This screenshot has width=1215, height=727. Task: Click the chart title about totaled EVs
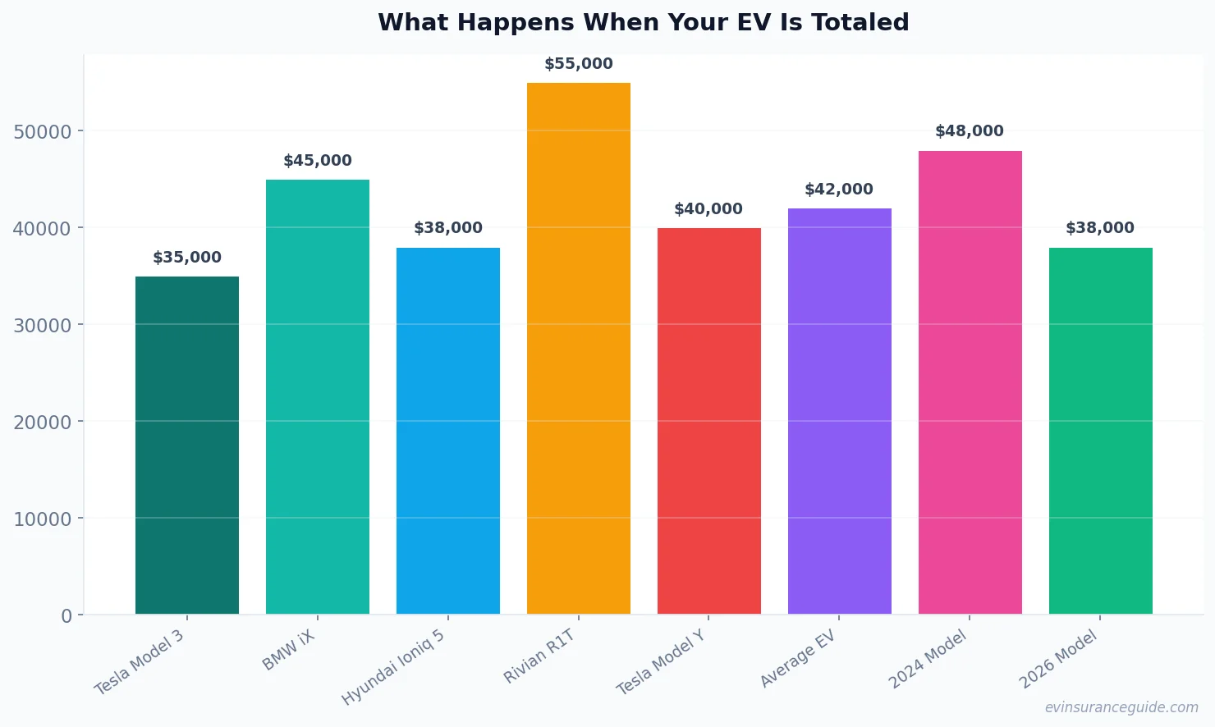click(643, 22)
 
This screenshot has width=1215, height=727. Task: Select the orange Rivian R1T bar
click(578, 348)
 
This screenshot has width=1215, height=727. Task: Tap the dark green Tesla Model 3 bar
click(187, 445)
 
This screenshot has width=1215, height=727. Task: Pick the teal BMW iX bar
click(318, 396)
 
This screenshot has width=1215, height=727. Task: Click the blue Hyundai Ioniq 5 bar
click(448, 430)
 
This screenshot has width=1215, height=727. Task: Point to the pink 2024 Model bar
click(970, 382)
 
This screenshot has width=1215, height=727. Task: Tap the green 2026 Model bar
click(1100, 430)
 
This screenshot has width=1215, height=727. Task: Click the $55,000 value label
click(578, 64)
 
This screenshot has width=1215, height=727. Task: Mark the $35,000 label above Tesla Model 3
click(187, 258)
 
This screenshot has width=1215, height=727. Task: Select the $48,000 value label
click(970, 131)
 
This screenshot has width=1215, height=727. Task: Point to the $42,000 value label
click(839, 190)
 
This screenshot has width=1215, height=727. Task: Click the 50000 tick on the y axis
click(43, 131)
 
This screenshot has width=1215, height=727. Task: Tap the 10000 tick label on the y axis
click(43, 519)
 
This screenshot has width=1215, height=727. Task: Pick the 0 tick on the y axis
click(66, 616)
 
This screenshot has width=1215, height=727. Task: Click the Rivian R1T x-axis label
click(539, 656)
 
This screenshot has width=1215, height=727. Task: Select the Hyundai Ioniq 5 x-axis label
click(394, 667)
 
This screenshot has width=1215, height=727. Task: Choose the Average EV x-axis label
click(797, 659)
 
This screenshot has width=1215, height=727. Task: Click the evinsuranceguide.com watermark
click(1121, 707)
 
